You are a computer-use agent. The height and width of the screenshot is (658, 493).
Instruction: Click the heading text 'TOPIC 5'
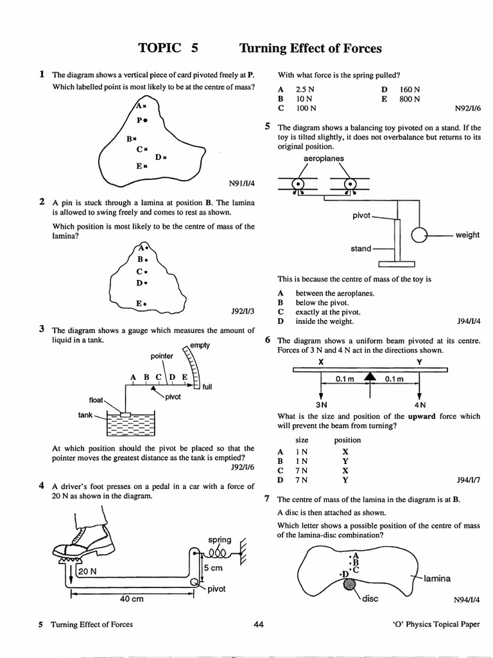168,49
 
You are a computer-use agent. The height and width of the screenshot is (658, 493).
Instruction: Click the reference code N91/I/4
241,183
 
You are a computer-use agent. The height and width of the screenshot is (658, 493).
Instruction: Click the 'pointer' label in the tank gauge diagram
162,355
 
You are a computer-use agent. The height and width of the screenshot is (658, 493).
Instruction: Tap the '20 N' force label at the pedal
88,571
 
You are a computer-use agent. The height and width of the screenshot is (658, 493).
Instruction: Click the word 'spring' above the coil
220,539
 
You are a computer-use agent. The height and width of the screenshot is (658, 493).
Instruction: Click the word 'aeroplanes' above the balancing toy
323,158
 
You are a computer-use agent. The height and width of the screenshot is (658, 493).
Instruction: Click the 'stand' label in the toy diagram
360,249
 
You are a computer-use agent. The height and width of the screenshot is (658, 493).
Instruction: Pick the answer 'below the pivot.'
322,302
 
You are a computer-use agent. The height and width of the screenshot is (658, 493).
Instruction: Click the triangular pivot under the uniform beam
369,377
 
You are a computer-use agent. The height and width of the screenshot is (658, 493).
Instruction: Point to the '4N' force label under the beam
420,405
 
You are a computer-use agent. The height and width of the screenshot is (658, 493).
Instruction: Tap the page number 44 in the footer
258,624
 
